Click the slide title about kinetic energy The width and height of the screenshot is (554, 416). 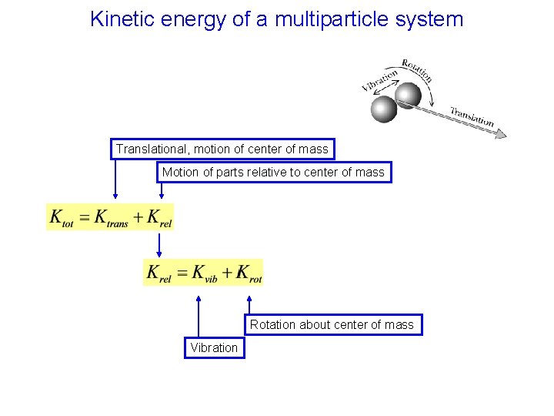coord(276,19)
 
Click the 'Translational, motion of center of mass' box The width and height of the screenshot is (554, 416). coord(222,149)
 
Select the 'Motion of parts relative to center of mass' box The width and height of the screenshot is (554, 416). coord(273,173)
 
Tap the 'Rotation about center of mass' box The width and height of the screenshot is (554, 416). coord(332,324)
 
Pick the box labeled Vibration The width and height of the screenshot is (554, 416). coord(214,347)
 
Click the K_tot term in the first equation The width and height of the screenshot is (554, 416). coord(62,218)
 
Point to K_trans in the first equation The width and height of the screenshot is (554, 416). coord(111,218)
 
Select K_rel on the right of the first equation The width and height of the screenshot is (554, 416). coord(159,218)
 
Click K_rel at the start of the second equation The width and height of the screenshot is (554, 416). coord(159,273)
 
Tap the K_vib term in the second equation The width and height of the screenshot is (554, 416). coord(205,273)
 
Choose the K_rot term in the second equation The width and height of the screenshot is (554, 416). coord(249,273)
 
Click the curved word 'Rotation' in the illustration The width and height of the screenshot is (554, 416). coord(416,69)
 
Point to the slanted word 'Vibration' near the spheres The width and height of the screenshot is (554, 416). coord(379,80)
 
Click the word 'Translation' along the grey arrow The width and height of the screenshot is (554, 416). coord(472,116)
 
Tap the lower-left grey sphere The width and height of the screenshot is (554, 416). coord(383,109)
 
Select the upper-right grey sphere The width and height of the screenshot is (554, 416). coord(408,95)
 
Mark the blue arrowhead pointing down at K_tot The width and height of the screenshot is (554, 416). coord(115,199)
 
